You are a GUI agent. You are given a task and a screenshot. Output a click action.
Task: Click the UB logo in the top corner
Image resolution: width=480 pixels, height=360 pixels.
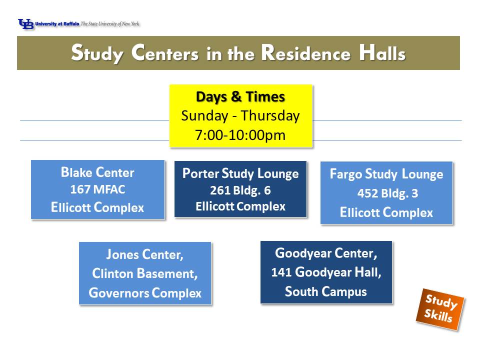(25, 24)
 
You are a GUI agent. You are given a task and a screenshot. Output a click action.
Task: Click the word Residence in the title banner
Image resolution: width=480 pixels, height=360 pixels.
(305, 53)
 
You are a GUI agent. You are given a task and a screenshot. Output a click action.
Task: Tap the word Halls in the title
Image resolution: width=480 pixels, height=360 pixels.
(382, 53)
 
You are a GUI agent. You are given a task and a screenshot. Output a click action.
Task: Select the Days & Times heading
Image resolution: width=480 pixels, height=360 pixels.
(240, 96)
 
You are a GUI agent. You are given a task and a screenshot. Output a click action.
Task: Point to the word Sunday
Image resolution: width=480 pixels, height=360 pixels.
(204, 116)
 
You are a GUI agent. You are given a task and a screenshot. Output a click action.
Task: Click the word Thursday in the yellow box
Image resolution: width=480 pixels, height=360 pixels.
(270, 116)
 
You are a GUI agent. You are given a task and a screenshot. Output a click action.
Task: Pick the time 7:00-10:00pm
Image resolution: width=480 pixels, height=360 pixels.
(240, 135)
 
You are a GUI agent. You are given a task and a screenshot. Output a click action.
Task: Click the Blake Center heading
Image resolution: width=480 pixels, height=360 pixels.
(97, 172)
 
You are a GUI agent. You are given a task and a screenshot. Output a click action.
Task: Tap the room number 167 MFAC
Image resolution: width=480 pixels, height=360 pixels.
(97, 189)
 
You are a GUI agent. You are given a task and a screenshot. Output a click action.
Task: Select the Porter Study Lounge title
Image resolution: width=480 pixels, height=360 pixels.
(240, 173)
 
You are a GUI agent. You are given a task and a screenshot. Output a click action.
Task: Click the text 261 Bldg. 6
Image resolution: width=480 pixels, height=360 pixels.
(240, 190)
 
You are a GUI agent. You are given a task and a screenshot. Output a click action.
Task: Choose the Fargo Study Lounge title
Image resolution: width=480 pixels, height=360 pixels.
(386, 174)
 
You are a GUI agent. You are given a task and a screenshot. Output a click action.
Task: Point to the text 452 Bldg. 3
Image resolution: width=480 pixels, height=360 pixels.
(387, 193)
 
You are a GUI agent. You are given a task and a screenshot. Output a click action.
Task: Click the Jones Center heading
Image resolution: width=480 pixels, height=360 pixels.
(145, 254)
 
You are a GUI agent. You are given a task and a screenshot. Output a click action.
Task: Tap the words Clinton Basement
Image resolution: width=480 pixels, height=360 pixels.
(145, 273)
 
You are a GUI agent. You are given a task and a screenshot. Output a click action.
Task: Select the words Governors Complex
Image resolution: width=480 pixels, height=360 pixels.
(145, 293)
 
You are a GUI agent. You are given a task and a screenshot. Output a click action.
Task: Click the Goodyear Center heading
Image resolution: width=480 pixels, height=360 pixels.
(326, 253)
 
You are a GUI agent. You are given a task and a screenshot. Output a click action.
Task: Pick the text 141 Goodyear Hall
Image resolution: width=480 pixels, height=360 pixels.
(326, 272)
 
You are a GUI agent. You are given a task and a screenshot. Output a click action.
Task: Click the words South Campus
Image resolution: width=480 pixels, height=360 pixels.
(326, 291)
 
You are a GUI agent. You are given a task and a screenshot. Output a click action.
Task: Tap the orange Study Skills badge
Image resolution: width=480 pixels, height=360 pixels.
(440, 309)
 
